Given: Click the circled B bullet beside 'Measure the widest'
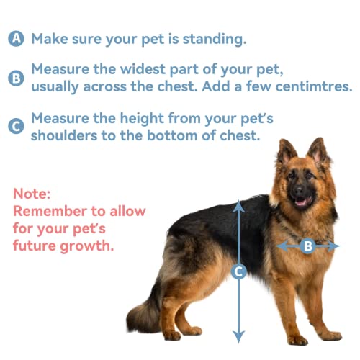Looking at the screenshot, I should pyautogui.click(x=16, y=78).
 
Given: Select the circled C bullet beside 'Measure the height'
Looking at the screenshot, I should pyautogui.click(x=16, y=125).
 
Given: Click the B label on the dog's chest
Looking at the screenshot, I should pyautogui.click(x=307, y=246).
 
